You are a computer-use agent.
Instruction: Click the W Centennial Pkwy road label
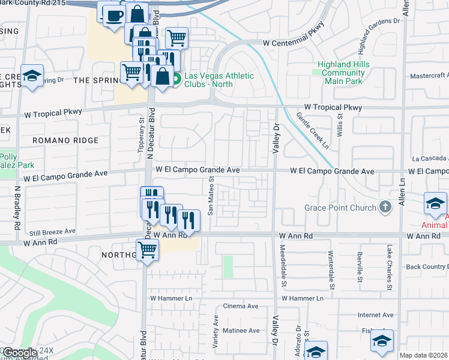click(294, 43)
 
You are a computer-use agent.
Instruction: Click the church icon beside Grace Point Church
click(385, 208)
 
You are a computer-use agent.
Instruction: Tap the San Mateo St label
click(211, 196)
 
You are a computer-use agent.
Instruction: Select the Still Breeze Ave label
click(52, 231)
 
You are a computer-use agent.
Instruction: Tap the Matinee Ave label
click(241, 331)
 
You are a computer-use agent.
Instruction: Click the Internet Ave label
click(375, 314)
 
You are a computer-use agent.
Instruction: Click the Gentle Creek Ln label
click(313, 130)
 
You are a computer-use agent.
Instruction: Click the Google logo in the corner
click(20, 353)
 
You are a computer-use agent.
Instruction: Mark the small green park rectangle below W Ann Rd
click(228, 266)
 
